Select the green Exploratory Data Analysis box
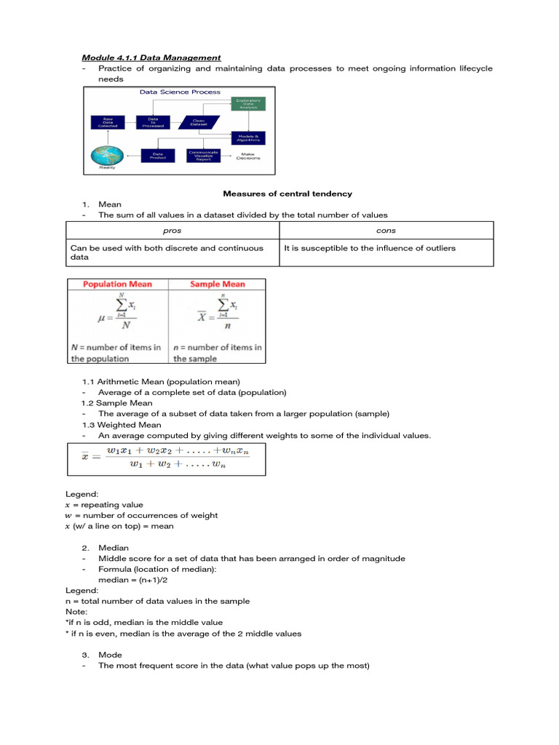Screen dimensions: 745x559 (x=249, y=104)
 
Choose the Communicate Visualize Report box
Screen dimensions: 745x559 (x=203, y=156)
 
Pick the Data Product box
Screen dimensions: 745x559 (x=156, y=156)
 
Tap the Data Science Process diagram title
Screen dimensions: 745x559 (x=175, y=92)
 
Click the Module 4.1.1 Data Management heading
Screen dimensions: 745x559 (x=151, y=57)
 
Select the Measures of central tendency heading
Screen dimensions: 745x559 (x=287, y=194)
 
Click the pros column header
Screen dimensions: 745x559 (x=173, y=230)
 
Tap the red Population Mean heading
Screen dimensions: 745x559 (x=118, y=284)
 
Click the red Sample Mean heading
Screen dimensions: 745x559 (x=218, y=284)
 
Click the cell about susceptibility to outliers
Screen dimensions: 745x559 (x=370, y=248)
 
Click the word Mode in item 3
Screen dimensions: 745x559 (x=110, y=655)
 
